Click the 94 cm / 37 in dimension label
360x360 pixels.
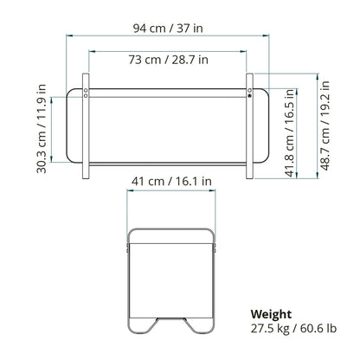coord(168,29)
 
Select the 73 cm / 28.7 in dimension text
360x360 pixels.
coord(168,60)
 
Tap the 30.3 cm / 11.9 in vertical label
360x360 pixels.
coord(42,129)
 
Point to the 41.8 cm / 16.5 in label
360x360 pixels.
coord(291,132)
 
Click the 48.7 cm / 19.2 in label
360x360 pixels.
coord(325,125)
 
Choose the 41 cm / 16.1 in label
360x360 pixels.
coord(171,182)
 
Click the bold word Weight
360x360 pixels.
coord(271,314)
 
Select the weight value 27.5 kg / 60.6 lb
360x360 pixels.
coord(293,329)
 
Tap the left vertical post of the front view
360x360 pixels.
coord(86,126)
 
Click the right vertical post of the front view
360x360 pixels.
coord(250,126)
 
